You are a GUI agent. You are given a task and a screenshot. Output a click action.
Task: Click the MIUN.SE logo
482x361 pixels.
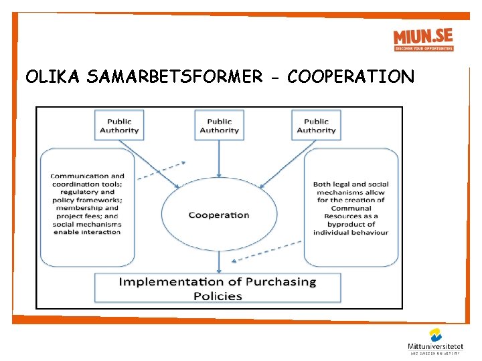tap(423, 39)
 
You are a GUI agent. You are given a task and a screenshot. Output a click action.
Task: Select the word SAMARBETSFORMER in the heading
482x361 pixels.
tap(174, 77)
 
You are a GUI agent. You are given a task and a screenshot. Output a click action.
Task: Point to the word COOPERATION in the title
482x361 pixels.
tap(351, 77)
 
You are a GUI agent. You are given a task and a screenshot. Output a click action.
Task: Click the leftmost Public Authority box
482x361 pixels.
tap(119, 126)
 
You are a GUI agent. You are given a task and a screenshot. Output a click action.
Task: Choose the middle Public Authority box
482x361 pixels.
tap(219, 126)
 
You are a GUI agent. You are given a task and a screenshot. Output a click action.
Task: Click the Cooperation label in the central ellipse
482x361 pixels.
tap(219, 215)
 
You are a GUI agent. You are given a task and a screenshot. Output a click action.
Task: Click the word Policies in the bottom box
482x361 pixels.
tap(218, 295)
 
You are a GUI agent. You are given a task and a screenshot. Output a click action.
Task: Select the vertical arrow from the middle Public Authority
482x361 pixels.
tap(219, 157)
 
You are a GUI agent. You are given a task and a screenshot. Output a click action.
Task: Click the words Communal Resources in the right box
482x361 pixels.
tap(351, 212)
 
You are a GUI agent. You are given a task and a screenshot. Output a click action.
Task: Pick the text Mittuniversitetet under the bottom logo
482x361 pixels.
tap(436, 346)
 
